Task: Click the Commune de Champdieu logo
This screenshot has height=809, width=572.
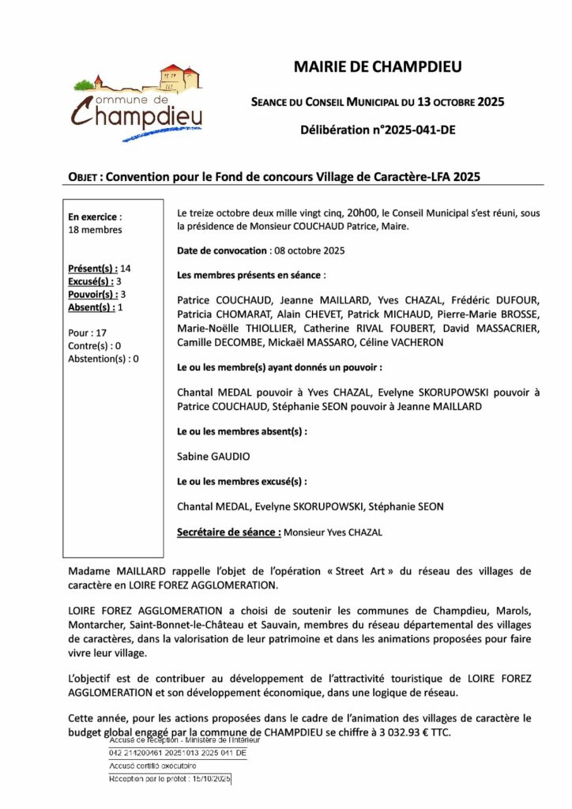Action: (x=139, y=103)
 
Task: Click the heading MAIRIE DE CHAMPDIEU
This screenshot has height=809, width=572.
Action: (x=378, y=67)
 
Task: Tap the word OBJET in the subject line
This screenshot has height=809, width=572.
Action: (x=82, y=178)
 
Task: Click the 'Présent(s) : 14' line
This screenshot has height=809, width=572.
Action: (x=100, y=269)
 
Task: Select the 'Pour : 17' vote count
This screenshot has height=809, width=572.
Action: (x=88, y=333)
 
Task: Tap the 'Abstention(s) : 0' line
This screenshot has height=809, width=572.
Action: (x=103, y=359)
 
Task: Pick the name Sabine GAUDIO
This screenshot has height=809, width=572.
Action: (x=212, y=456)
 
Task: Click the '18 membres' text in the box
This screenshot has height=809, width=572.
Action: (x=96, y=230)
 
